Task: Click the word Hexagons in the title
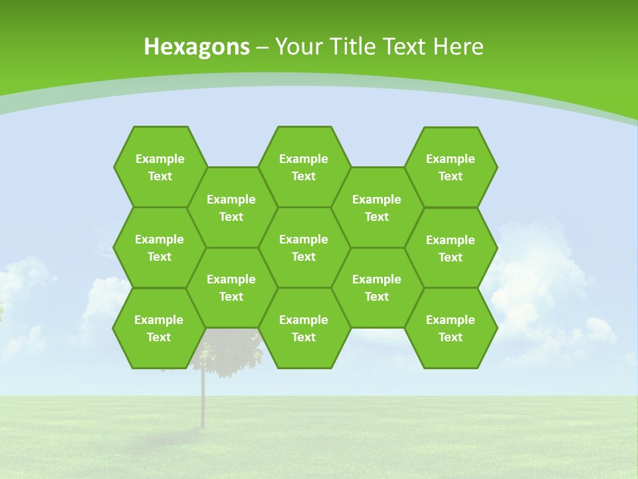197,47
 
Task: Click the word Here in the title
459,47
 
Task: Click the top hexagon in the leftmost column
159,167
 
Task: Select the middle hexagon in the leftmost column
159,247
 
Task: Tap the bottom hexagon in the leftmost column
159,328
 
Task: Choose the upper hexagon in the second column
231,208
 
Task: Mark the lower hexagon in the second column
231,287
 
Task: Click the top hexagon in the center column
304,167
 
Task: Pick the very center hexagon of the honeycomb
304,247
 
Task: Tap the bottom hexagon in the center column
304,328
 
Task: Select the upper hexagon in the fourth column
377,208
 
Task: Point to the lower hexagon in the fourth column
377,287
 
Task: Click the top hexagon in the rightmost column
451,167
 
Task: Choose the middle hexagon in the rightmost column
451,248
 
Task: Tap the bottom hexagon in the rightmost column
451,328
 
